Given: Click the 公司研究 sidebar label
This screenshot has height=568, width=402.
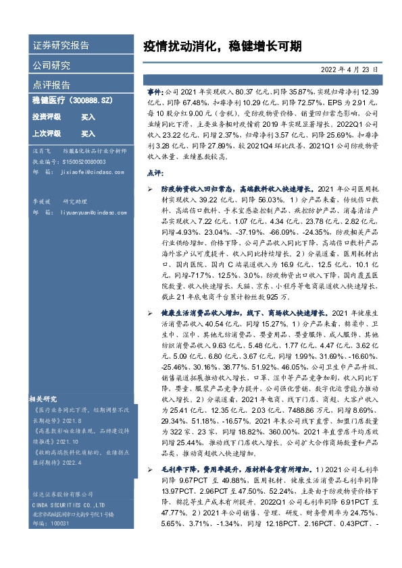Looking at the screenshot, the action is [51, 65].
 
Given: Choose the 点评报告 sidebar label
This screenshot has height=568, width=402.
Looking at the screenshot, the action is [51, 85].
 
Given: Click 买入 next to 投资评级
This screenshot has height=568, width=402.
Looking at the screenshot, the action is [88, 117].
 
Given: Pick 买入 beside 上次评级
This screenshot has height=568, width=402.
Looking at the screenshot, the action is [88, 134].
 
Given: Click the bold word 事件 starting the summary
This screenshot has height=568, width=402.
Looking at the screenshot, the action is [154, 90].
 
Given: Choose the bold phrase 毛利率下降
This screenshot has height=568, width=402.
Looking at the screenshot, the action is [178, 486].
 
